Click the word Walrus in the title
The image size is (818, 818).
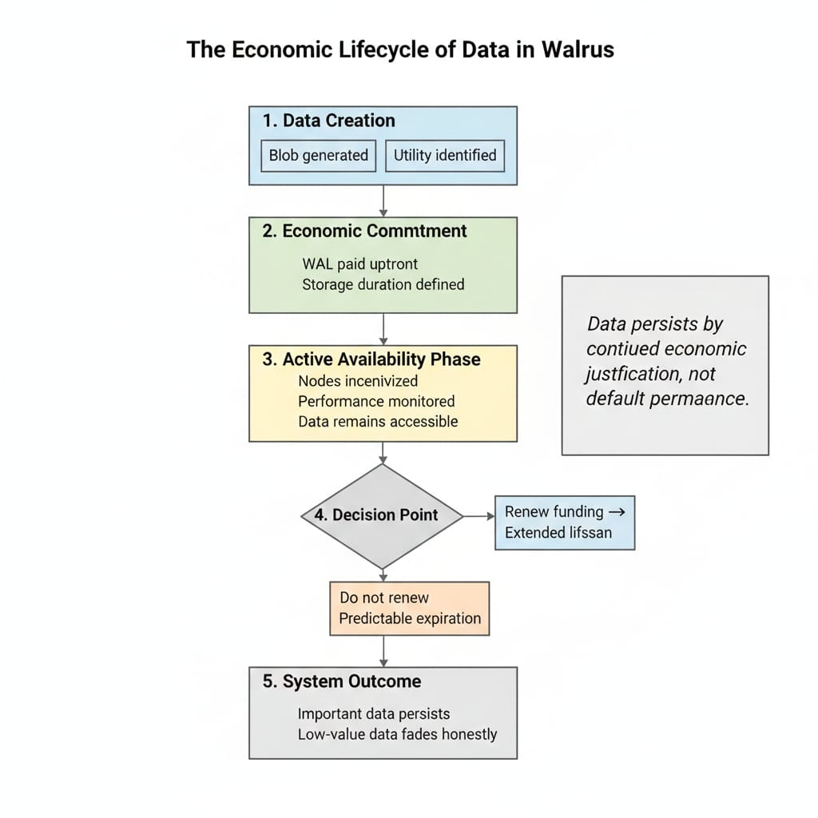(x=577, y=50)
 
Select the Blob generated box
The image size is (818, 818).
(x=318, y=155)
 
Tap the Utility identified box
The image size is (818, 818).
(x=445, y=155)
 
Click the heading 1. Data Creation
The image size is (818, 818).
(x=328, y=121)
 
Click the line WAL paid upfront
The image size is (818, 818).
(x=359, y=264)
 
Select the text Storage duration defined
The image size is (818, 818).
(x=383, y=284)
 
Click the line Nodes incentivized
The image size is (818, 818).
(x=358, y=381)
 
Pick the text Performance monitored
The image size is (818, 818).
(x=376, y=401)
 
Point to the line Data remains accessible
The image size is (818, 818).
(x=378, y=421)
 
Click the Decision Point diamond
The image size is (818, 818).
(x=383, y=515)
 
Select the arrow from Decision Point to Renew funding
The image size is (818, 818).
(x=479, y=516)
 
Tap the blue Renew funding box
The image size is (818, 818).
(x=565, y=522)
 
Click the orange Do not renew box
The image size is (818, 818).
(x=409, y=608)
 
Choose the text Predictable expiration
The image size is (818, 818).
(x=410, y=618)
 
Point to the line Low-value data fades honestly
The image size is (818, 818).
(x=397, y=733)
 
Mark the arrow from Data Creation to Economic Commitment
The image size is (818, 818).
(x=383, y=201)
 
